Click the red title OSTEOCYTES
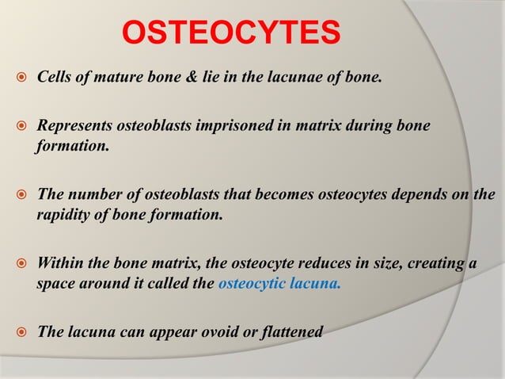click(230, 33)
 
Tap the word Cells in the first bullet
click(54, 80)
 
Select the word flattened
click(291, 331)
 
